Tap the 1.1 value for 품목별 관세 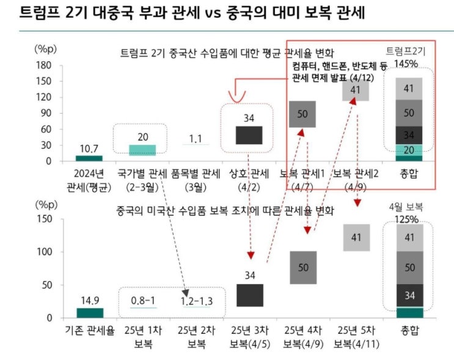click(x=195, y=139)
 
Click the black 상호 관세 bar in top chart click(x=249, y=135)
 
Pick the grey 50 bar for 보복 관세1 click(x=302, y=114)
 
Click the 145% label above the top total click(x=406, y=64)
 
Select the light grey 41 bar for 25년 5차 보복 click(x=357, y=237)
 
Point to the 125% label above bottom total click(x=406, y=219)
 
